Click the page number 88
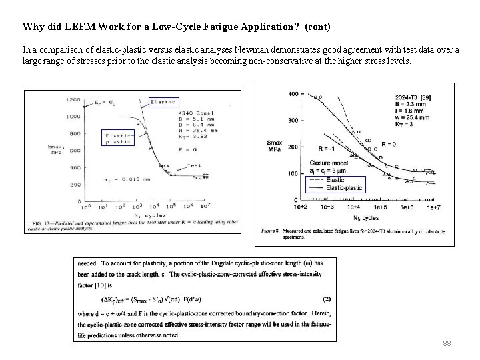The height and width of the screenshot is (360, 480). click(x=447, y=343)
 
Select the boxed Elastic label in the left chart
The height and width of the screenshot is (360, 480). click(x=163, y=101)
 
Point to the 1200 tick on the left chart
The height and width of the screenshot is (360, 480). click(x=73, y=100)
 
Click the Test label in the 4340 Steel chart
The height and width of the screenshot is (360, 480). click(x=194, y=165)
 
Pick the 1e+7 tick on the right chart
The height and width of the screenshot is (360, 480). click(x=434, y=208)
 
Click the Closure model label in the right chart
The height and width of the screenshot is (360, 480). click(x=331, y=163)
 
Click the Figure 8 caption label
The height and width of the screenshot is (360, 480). click(x=270, y=231)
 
